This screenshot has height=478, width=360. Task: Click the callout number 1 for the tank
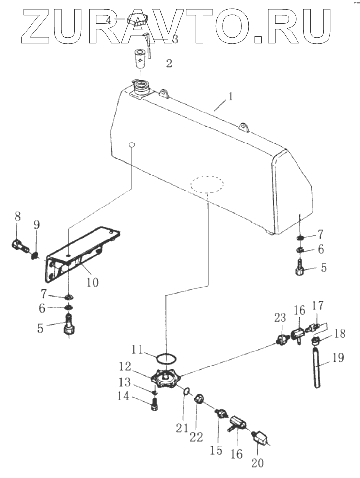[231, 96]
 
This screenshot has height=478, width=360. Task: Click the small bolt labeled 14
[154, 405]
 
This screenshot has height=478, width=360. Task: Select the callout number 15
[216, 450]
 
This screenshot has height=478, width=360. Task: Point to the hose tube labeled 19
[317, 368]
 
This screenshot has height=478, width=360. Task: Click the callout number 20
[257, 463]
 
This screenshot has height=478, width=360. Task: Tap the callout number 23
[280, 319]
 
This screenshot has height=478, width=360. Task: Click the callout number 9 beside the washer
[37, 225]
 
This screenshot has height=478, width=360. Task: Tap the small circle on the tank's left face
[131, 144]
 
